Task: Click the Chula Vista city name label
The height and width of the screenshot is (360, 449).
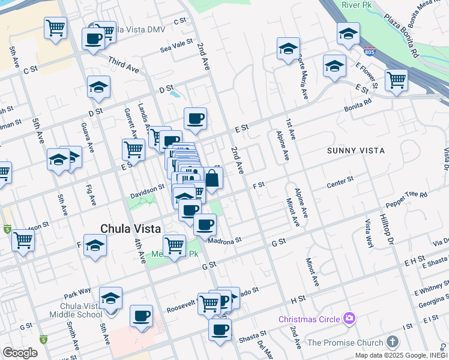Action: coord(130,229)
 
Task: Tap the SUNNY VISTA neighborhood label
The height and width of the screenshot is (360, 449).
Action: coord(355,150)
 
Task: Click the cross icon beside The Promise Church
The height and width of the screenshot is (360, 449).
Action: coord(392,343)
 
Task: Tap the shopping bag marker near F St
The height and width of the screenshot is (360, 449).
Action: coord(212,178)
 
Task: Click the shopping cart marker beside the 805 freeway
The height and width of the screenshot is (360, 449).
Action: coord(396,79)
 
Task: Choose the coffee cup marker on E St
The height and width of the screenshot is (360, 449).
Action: coord(195,118)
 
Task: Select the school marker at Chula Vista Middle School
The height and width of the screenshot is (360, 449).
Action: coord(111,298)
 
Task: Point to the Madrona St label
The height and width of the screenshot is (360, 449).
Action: coord(224,241)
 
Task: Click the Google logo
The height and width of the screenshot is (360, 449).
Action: coord(20,353)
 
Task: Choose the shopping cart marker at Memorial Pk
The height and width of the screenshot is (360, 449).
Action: coord(174,244)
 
